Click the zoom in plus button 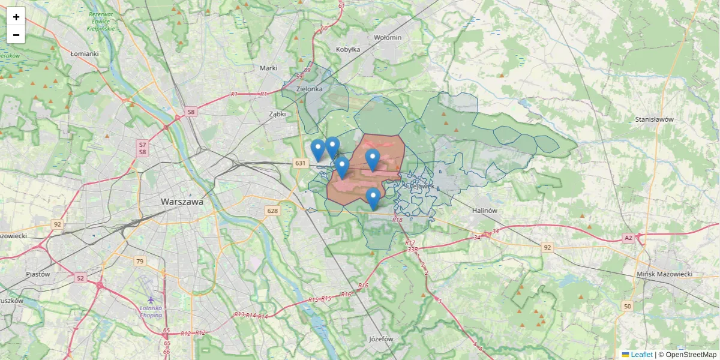pos(16,17)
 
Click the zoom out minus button pos(16,35)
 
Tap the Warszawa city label pos(182,202)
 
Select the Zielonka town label pos(310,89)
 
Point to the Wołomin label pos(387,37)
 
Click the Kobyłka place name pos(348,50)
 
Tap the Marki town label pos(268,68)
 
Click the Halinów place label pos(485,211)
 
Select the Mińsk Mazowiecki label pos(665,274)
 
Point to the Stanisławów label pos(655,119)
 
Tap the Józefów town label pos(381,339)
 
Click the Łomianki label pos(84,53)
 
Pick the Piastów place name pos(38,274)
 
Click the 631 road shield pos(300,163)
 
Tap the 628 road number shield pos(273,211)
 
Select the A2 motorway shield pos(628,238)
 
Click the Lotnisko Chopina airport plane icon pos(150,299)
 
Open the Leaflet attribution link pos(641,355)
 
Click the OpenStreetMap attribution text pos(691,355)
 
